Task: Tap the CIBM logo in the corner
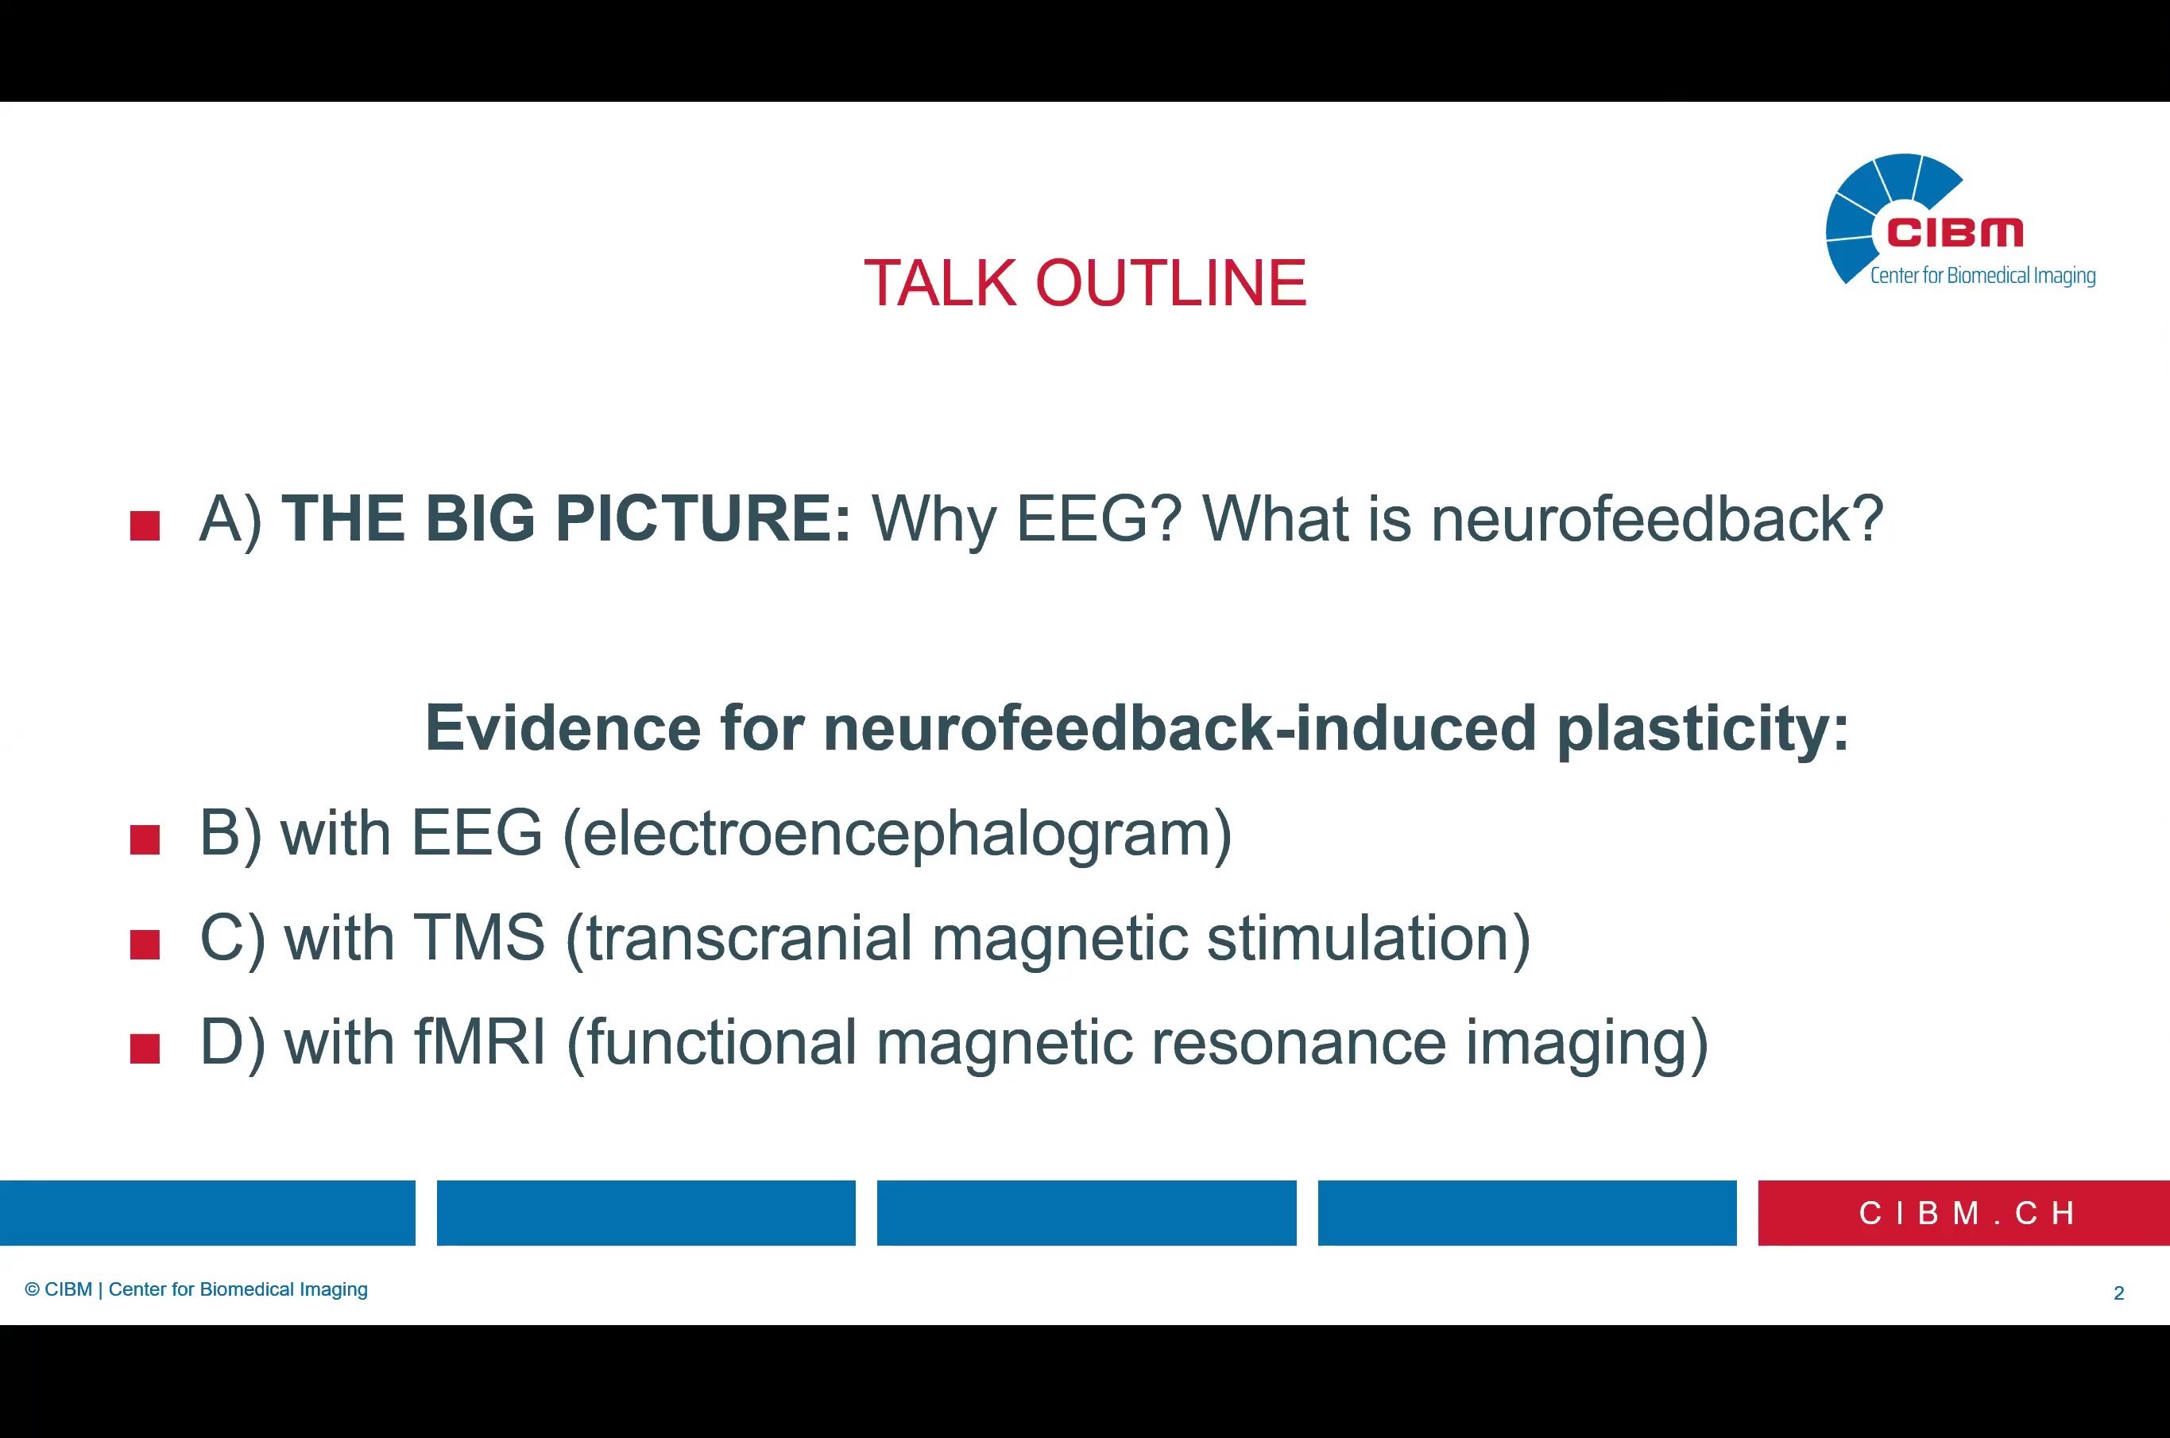click(1960, 221)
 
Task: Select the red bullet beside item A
click(145, 526)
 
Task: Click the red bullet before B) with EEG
click(145, 840)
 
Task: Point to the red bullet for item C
click(145, 944)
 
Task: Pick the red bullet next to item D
click(145, 1049)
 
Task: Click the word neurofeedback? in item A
click(1657, 519)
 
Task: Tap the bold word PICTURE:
click(703, 519)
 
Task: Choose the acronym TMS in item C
click(478, 938)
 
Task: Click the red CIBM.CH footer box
click(1963, 1213)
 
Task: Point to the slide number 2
click(2118, 1294)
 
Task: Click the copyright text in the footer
click(196, 1290)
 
